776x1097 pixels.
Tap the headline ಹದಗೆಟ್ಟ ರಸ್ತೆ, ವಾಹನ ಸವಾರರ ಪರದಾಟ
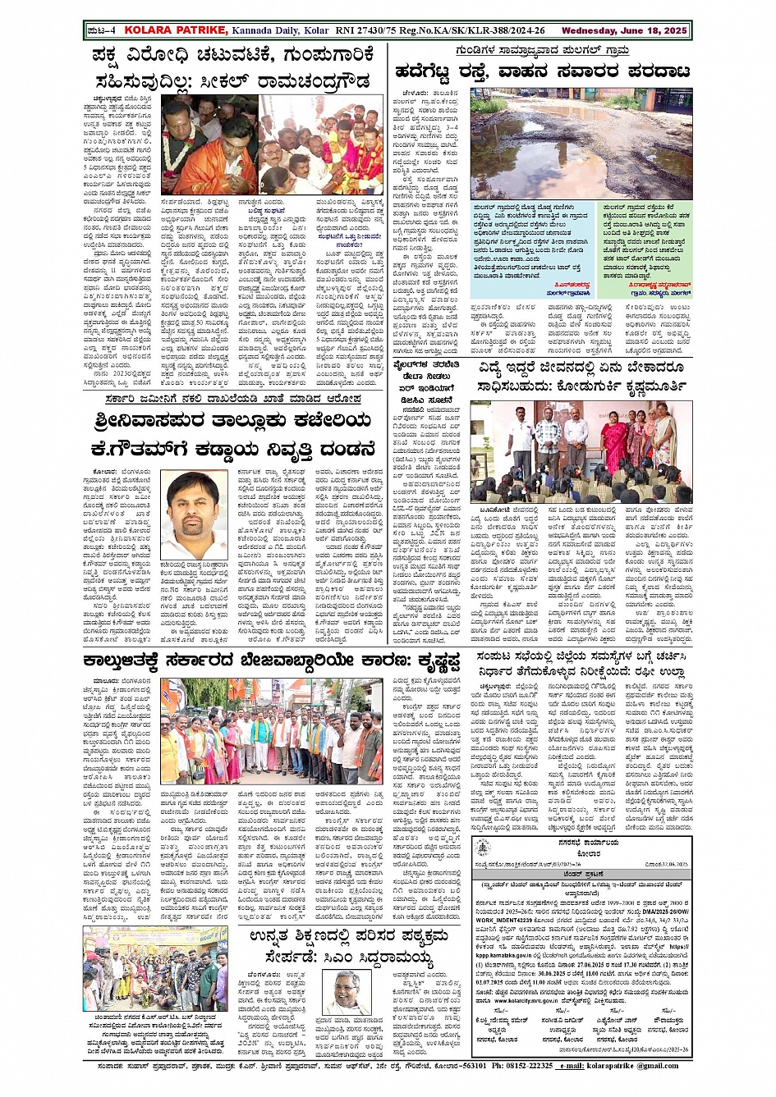point(543,72)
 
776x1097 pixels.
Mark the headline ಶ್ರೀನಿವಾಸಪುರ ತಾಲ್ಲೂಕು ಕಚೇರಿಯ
point(233,422)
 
